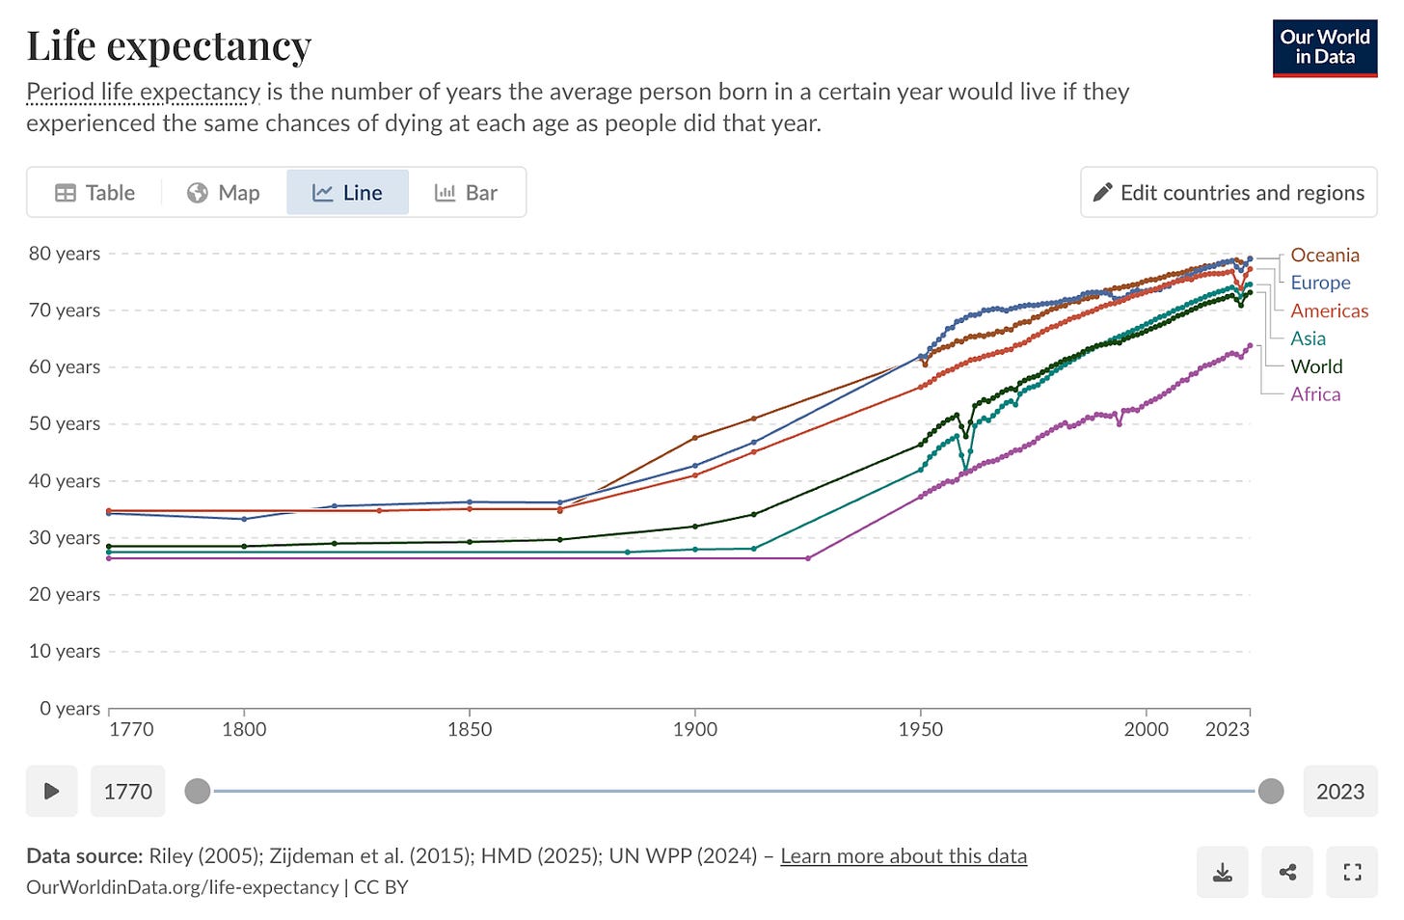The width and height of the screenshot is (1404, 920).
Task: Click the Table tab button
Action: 94,193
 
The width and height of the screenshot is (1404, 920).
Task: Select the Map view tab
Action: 224,193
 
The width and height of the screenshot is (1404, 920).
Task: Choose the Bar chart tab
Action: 467,193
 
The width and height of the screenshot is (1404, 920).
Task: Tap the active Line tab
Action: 347,193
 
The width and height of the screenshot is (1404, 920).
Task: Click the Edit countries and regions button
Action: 1228,193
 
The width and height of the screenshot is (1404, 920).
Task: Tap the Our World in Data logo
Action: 1325,47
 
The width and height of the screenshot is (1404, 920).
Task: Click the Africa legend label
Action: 1315,394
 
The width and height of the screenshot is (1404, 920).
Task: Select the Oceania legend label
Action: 1325,256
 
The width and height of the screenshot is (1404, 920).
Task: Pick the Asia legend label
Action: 1308,338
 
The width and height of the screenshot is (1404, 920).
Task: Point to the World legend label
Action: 1316,366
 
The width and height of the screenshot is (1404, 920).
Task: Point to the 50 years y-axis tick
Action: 65,423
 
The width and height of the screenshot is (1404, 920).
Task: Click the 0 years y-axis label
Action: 69,709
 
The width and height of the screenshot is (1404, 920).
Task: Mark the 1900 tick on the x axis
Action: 694,729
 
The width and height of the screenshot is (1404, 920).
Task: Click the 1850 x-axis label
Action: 470,729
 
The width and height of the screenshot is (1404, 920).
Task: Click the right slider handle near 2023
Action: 1271,792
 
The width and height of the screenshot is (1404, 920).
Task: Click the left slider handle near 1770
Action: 198,792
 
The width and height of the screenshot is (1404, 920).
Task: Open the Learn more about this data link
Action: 904,856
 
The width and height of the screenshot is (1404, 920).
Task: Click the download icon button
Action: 1222,873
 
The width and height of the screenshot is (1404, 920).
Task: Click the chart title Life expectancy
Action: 169,45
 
